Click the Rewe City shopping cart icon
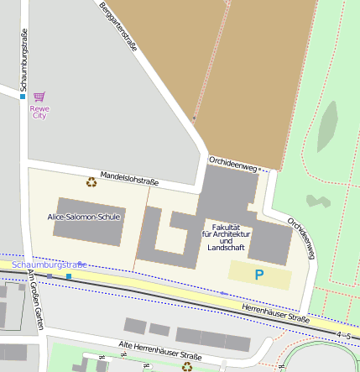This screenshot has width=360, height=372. coord(39,97)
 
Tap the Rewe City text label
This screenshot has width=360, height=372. coord(39,111)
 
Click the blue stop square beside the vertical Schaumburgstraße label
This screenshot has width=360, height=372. coord(23,97)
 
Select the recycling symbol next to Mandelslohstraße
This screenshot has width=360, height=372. coord(91,181)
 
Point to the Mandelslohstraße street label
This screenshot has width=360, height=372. coord(129,178)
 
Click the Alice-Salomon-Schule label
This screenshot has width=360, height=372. coord(84,217)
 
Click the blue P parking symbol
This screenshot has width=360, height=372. coord(259,275)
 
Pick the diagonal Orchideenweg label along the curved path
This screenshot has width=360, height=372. coord(302,239)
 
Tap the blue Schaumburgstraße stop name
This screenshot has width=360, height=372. coord(55,265)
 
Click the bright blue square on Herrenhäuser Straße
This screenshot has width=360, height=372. coord(69,276)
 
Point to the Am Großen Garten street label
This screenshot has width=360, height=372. coord(35,299)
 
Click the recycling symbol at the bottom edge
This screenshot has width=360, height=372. coord(186,366)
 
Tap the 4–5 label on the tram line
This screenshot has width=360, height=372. coord(342,335)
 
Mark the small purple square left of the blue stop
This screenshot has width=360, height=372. coord(50,275)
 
